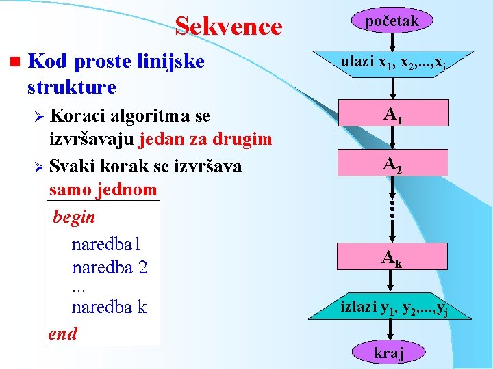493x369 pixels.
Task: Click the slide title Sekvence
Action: click(228, 26)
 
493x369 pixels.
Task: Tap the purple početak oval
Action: click(392, 22)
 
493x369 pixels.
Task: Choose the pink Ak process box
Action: click(392, 258)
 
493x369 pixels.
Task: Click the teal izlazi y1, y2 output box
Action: click(392, 307)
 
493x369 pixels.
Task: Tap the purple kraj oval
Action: click(388, 353)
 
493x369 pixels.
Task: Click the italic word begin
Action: click(74, 217)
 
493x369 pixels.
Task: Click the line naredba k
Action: click(109, 307)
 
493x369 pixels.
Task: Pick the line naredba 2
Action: click(109, 266)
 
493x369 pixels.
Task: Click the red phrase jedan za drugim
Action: click(205, 139)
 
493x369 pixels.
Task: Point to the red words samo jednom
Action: click(103, 189)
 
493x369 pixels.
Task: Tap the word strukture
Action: click(71, 87)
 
